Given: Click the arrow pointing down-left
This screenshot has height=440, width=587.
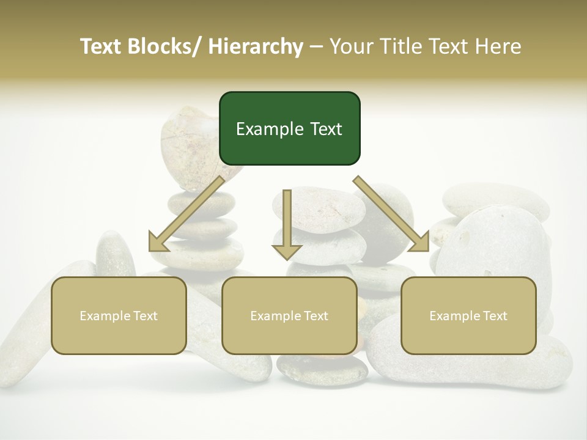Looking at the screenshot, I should click(186, 214).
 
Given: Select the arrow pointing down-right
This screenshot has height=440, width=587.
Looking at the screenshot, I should click(391, 214).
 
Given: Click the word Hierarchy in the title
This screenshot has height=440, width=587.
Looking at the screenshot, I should click(256, 46).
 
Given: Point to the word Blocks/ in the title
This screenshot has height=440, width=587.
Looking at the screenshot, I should click(166, 46).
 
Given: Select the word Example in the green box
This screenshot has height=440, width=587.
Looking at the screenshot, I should click(264, 130).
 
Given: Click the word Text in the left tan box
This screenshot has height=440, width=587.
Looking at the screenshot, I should click(145, 316).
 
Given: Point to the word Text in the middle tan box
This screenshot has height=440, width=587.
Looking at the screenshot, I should click(316, 316).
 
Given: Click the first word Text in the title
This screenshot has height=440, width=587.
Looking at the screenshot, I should click(101, 46).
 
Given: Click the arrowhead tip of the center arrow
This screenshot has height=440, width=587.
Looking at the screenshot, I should click(287, 258).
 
